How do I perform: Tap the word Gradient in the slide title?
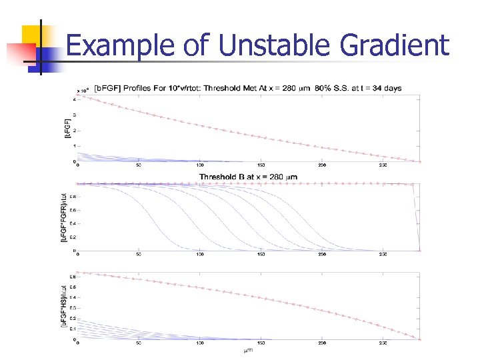(395, 46)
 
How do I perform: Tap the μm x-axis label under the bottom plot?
(247, 349)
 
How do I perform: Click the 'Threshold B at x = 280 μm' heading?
(247, 177)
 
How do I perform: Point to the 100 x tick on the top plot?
(199, 165)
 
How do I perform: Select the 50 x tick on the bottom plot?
(138, 344)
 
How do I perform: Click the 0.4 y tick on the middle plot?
(71, 223)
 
